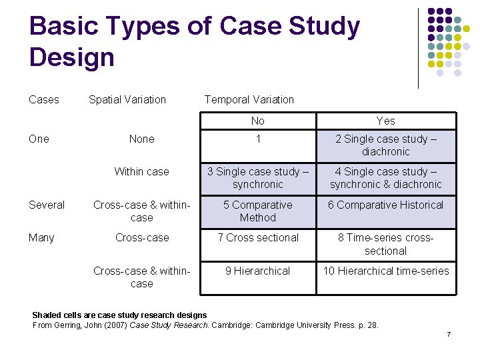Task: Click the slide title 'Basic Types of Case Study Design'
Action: (195, 41)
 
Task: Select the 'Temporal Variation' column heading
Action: (249, 100)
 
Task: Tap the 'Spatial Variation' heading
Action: (127, 100)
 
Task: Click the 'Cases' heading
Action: (44, 100)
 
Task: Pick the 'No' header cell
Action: (258, 121)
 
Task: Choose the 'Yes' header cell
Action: (385, 121)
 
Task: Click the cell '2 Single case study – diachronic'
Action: (385, 145)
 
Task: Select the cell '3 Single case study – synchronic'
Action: (258, 178)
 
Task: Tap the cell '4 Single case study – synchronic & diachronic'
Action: (385, 178)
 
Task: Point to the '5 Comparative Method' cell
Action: (258, 211)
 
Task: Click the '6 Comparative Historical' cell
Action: (385, 205)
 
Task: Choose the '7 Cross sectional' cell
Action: (258, 238)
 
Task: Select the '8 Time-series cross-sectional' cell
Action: (385, 244)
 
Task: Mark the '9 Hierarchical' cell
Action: (258, 271)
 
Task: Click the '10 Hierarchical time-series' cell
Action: (385, 271)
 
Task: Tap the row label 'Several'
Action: (47, 205)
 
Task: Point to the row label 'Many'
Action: (42, 238)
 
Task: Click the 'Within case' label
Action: (142, 172)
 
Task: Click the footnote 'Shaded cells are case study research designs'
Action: (119, 315)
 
